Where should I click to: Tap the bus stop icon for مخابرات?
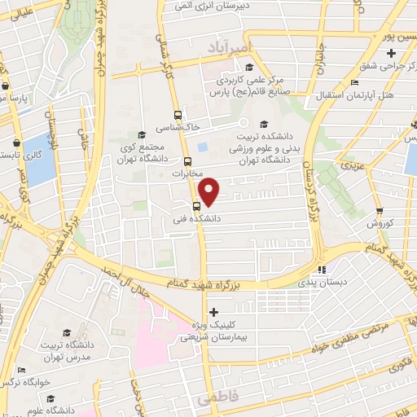click(187, 161)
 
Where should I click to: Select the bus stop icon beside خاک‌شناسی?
click(178, 115)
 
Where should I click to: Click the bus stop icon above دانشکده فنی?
click(196, 206)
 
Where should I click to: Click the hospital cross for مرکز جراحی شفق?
click(392, 53)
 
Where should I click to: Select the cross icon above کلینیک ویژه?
click(213, 312)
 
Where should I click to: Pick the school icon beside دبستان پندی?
click(321, 269)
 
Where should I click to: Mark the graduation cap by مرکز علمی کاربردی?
click(248, 68)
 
